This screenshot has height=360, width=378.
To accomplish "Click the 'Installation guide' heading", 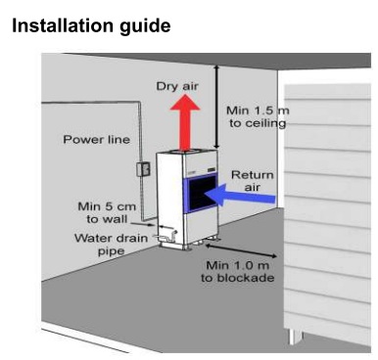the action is click(x=91, y=26).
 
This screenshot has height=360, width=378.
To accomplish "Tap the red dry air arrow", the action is click(x=185, y=122).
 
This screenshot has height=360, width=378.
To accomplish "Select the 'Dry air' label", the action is click(x=177, y=86).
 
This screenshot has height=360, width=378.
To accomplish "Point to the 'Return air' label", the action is click(x=252, y=181).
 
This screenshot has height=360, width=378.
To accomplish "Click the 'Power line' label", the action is click(x=96, y=140).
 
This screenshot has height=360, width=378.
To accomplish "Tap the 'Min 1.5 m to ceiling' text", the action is click(x=258, y=116).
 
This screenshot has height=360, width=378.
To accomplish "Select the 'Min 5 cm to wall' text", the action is click(x=107, y=212).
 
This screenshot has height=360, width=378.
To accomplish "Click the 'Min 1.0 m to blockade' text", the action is click(x=237, y=271).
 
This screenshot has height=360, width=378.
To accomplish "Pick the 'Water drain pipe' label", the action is click(x=111, y=245).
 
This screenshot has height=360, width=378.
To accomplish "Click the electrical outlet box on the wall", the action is click(x=143, y=169).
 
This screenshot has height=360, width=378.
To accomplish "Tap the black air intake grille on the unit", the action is click(x=203, y=194).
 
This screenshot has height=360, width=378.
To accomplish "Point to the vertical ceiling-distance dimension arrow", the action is click(x=215, y=107).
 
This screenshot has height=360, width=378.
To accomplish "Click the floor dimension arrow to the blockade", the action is click(x=241, y=251).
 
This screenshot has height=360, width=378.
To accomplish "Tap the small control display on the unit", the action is click(x=212, y=170).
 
